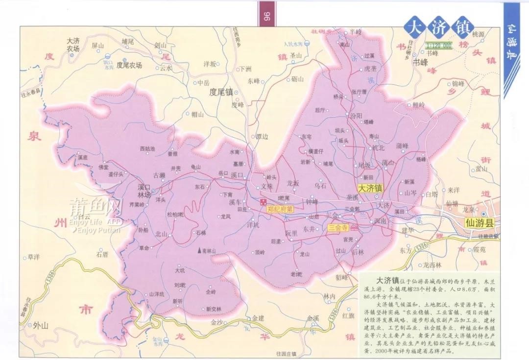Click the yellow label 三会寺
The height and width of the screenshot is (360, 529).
pyautogui.click(x=338, y=228)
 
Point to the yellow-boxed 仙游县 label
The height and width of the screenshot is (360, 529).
pyautogui.click(x=481, y=223)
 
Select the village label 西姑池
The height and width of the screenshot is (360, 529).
pyautogui.click(x=147, y=148)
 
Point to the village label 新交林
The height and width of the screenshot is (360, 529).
pyautogui.click(x=214, y=309)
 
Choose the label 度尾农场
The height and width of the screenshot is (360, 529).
pyautogui.click(x=129, y=65)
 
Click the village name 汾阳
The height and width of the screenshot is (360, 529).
pyautogui.click(x=356, y=116)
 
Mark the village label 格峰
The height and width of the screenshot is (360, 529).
pyautogui.click(x=421, y=159)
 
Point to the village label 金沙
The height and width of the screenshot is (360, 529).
pyautogui.click(x=216, y=323)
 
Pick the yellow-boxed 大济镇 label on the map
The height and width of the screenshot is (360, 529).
pyautogui.click(x=370, y=188)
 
